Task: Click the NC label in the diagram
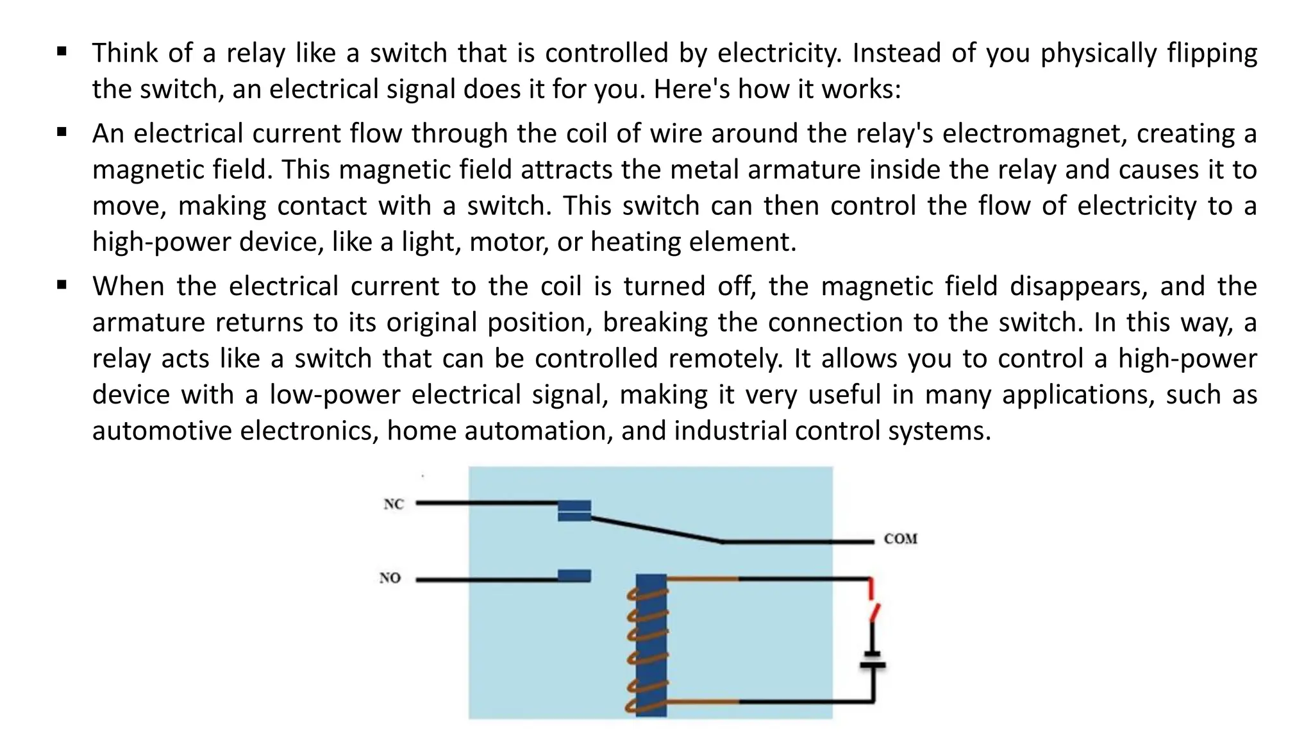[x=394, y=504]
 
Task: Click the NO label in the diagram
[x=390, y=578]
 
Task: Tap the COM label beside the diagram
[x=900, y=539]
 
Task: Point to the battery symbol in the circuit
[x=872, y=660]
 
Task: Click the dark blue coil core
[x=651, y=645]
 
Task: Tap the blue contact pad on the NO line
[x=574, y=575]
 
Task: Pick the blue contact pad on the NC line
[x=574, y=511]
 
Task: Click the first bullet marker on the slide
[x=62, y=52]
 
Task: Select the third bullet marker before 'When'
[x=62, y=285]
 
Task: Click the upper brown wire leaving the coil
[x=703, y=579]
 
